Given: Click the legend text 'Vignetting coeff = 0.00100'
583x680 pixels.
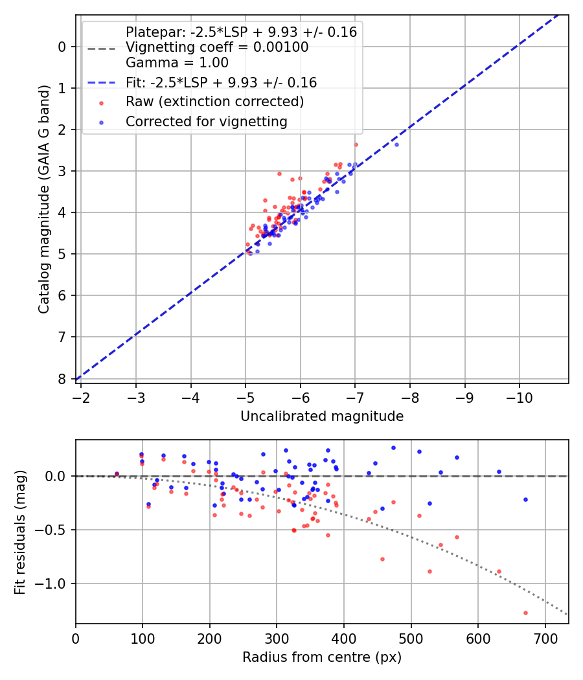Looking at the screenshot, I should tap(217, 47).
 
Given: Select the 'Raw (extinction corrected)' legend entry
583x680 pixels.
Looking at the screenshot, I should tap(214, 102).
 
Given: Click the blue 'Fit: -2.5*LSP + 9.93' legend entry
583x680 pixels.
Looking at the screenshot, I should tap(221, 83).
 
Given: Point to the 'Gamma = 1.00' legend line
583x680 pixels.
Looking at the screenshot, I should tap(177, 63).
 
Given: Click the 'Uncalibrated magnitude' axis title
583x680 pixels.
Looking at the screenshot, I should tap(322, 416).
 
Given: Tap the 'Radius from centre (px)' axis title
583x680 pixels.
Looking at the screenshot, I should tap(322, 657).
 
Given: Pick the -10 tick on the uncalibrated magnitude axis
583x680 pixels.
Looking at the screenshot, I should tap(520, 396).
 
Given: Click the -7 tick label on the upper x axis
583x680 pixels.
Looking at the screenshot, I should tap(355, 396).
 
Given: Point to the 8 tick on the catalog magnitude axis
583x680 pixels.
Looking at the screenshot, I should tap(63, 379).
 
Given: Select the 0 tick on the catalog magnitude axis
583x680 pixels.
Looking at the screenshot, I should tap(63, 47).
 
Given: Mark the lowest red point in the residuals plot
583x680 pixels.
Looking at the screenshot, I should tap(525, 613).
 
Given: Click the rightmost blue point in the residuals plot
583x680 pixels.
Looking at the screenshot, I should tap(525, 499).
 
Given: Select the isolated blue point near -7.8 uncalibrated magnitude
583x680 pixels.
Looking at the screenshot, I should tap(396, 144).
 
